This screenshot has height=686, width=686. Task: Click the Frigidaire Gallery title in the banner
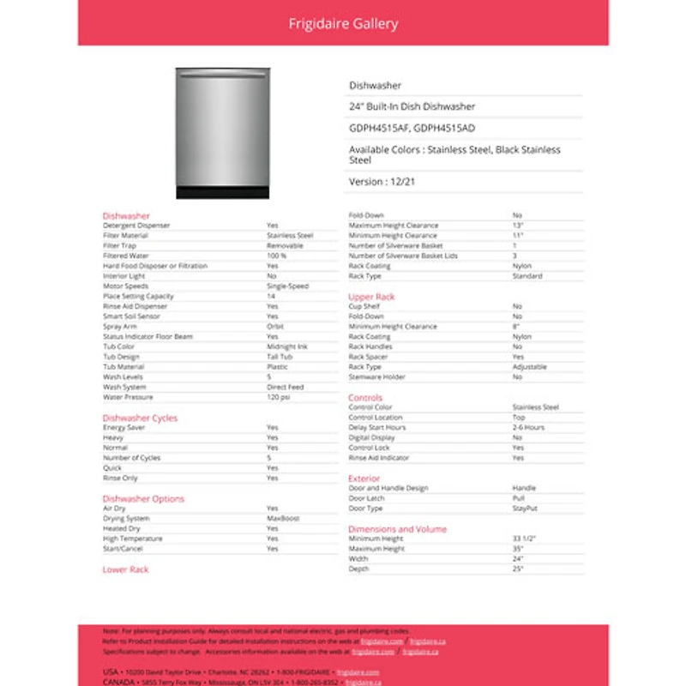tap(343, 23)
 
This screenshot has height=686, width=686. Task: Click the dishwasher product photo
tap(223, 133)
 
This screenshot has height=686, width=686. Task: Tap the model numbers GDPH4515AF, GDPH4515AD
tap(412, 128)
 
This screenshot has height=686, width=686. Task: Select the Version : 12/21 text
tap(378, 182)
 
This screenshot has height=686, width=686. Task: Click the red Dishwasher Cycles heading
tap(140, 418)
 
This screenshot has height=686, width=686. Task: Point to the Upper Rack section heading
tap(371, 297)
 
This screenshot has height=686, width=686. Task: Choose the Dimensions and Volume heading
tap(397, 529)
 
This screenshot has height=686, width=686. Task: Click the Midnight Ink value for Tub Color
tap(286, 346)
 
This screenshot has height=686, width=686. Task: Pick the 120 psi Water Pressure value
tap(278, 397)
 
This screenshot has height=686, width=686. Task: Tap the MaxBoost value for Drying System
tap(283, 519)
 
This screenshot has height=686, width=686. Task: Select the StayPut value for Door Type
tap(525, 508)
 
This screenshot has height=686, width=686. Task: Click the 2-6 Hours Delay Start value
tap(528, 427)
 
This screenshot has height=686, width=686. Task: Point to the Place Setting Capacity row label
tap(138, 296)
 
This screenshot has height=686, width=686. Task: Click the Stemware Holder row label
tap(377, 377)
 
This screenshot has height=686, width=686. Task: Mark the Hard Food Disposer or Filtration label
tap(155, 266)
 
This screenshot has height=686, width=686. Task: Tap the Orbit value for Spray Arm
tap(274, 327)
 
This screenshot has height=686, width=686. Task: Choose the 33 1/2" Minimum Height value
tap(524, 539)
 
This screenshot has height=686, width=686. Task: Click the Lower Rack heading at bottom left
tap(125, 569)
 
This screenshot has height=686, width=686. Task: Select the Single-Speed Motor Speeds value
tap(287, 286)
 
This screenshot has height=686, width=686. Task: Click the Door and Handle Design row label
tap(388, 488)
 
